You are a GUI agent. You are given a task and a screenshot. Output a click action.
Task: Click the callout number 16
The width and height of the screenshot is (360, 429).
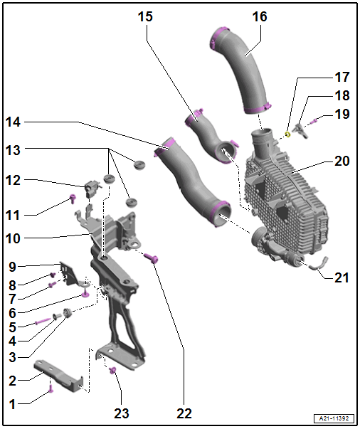click(x=260, y=16)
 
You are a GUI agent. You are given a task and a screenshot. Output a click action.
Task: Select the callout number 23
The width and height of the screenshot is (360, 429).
click(x=122, y=413)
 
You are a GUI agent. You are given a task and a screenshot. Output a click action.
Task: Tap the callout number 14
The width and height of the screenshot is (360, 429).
click(x=13, y=122)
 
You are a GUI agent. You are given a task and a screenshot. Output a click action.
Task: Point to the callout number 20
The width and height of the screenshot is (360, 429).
click(x=342, y=161)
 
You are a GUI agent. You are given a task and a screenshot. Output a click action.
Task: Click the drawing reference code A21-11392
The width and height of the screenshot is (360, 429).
click(x=334, y=418)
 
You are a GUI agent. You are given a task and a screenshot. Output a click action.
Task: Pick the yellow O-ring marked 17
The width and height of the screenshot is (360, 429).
click(x=287, y=134)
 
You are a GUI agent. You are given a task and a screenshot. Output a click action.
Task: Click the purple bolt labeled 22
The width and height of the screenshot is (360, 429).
click(x=151, y=258)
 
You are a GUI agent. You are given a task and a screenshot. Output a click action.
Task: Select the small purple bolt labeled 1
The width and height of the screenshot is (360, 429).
click(x=51, y=388)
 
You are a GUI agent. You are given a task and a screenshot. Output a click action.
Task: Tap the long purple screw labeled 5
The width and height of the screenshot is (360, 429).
click(x=43, y=321)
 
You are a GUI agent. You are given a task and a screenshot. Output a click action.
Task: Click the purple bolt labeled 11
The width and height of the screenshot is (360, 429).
click(x=73, y=199)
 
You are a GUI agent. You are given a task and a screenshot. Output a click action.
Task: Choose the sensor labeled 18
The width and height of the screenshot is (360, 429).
click(x=300, y=130)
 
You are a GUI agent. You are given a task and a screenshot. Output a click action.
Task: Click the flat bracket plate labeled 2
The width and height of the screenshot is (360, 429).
click(x=58, y=376)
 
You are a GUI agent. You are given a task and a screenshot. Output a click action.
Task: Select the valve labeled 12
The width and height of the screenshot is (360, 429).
click(x=92, y=188)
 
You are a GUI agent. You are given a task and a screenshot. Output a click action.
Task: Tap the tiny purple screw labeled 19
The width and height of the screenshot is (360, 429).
click(x=314, y=121)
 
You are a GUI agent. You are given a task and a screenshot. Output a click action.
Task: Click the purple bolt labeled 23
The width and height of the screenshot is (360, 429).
click(x=112, y=371)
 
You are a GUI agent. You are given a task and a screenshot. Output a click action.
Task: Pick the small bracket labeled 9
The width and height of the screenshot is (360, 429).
click(x=68, y=274)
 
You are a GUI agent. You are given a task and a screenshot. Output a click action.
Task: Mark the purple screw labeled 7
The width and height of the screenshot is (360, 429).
click(x=52, y=285)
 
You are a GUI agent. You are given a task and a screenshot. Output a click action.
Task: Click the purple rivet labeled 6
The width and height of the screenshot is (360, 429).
click(x=85, y=295)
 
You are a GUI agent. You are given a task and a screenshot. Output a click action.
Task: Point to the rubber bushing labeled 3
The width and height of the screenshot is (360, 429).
click(x=67, y=312)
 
